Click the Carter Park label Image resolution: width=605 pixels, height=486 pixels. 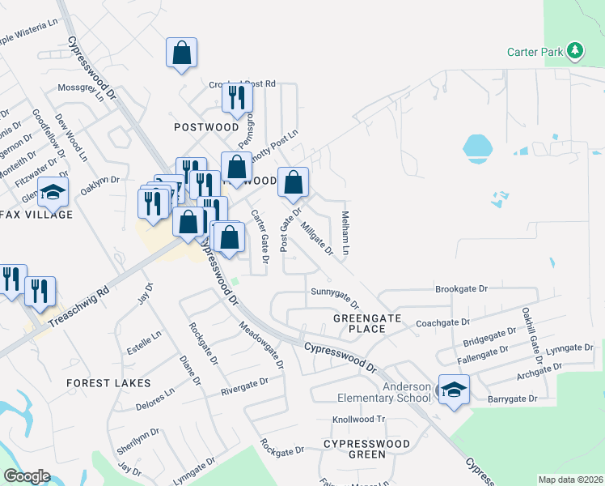click(x=535, y=52)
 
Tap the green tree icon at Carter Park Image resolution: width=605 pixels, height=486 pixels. click(x=575, y=51)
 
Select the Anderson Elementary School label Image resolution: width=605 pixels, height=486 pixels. click(x=384, y=392)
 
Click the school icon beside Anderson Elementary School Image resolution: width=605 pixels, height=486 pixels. click(x=454, y=389)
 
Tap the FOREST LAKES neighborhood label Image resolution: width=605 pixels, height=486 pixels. click(x=108, y=382)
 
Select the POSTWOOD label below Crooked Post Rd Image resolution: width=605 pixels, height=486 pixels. click(x=206, y=127)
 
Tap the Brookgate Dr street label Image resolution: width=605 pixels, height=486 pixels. click(x=462, y=288)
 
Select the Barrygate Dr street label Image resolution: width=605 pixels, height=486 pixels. click(x=512, y=399)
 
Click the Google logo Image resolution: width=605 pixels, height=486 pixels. click(x=27, y=476)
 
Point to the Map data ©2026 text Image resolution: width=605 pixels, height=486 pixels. click(x=570, y=480)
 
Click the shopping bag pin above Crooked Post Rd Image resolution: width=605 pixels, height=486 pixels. click(x=182, y=53)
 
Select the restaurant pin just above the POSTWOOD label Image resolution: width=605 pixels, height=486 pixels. click(x=237, y=98)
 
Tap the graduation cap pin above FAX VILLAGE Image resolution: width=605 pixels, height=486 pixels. click(x=53, y=192)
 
